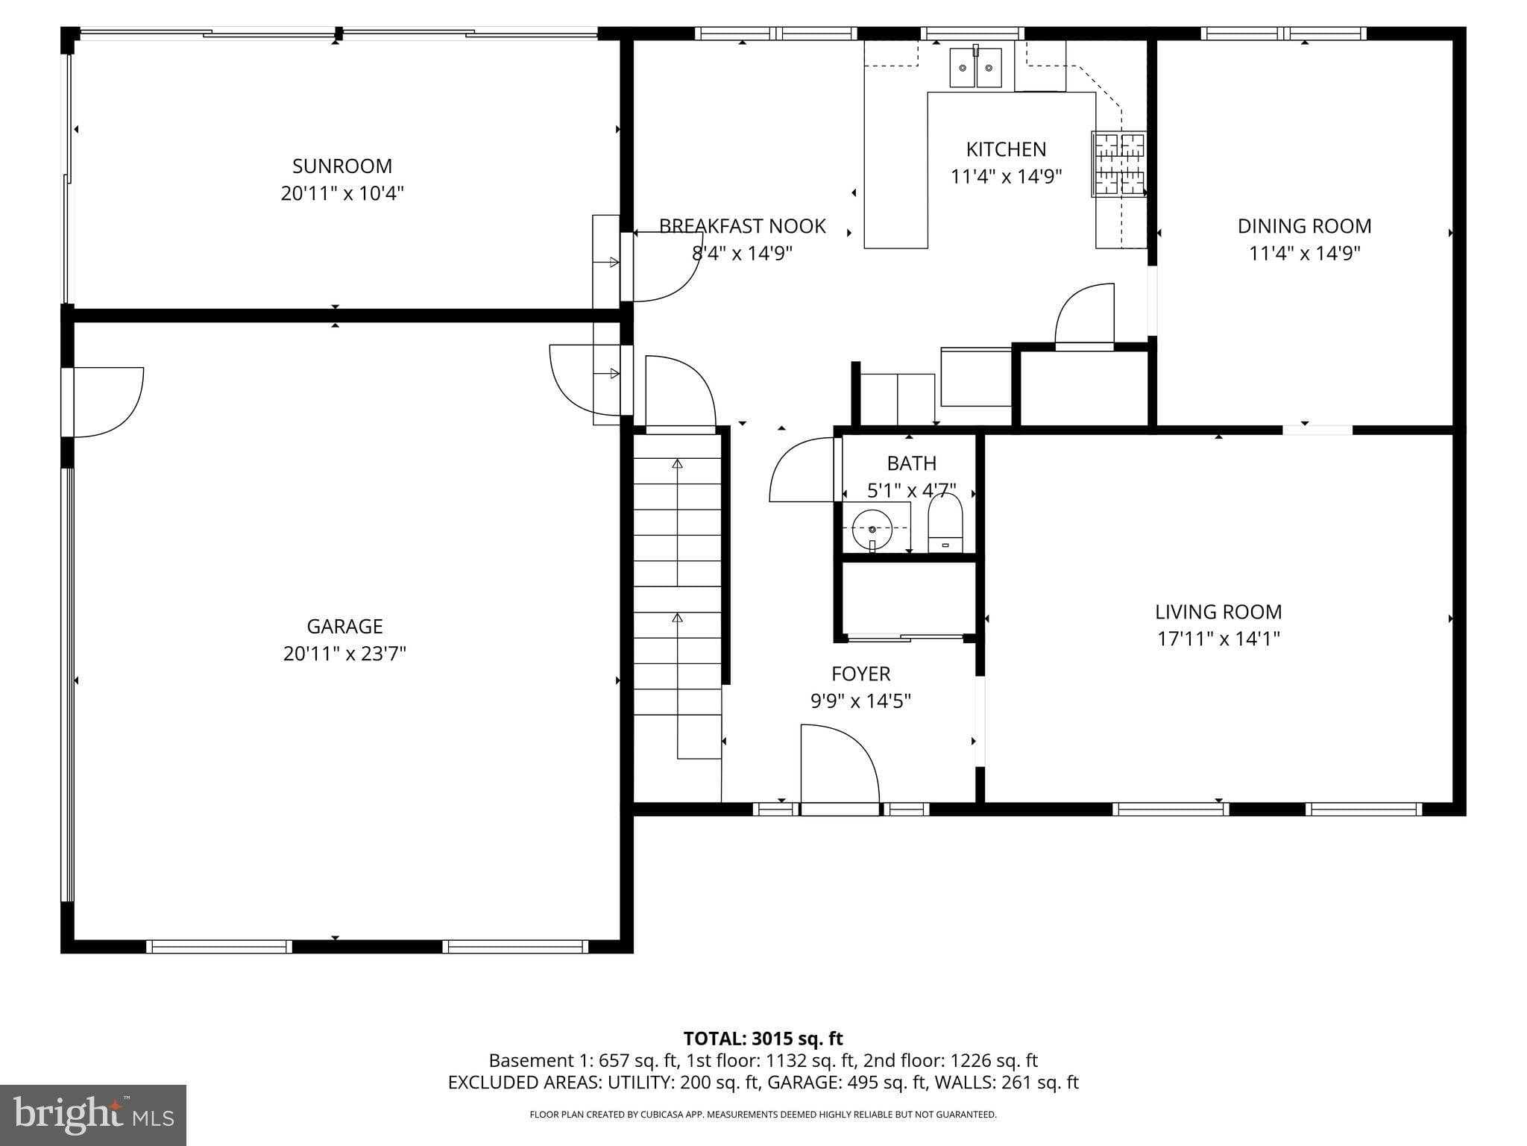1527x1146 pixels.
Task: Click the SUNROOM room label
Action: point(342,166)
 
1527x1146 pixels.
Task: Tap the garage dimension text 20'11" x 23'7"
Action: point(344,654)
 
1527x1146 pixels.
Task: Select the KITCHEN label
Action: point(1006,149)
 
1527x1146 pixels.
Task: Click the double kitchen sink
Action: point(975,68)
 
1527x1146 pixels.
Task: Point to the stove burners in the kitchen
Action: point(1118,164)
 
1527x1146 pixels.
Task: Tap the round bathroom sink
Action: point(872,529)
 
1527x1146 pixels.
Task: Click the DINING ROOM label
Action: point(1304,226)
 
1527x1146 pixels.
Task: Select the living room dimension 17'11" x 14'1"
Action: point(1218,639)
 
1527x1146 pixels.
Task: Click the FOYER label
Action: point(860,674)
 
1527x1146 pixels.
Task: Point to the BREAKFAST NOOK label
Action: point(742,226)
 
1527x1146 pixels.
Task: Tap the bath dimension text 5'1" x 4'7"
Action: point(911,491)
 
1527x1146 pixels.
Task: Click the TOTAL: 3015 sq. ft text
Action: point(763,1039)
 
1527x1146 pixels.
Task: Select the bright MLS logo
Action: point(93,1115)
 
